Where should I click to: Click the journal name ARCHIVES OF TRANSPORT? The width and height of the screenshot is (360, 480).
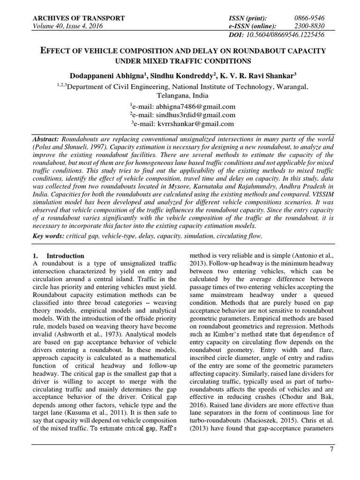pyautogui.click(x=78, y=18)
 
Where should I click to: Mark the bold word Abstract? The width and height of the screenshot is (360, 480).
pyautogui.click(x=47, y=140)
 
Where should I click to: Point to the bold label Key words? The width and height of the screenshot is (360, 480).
pyautogui.click(x=48, y=236)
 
